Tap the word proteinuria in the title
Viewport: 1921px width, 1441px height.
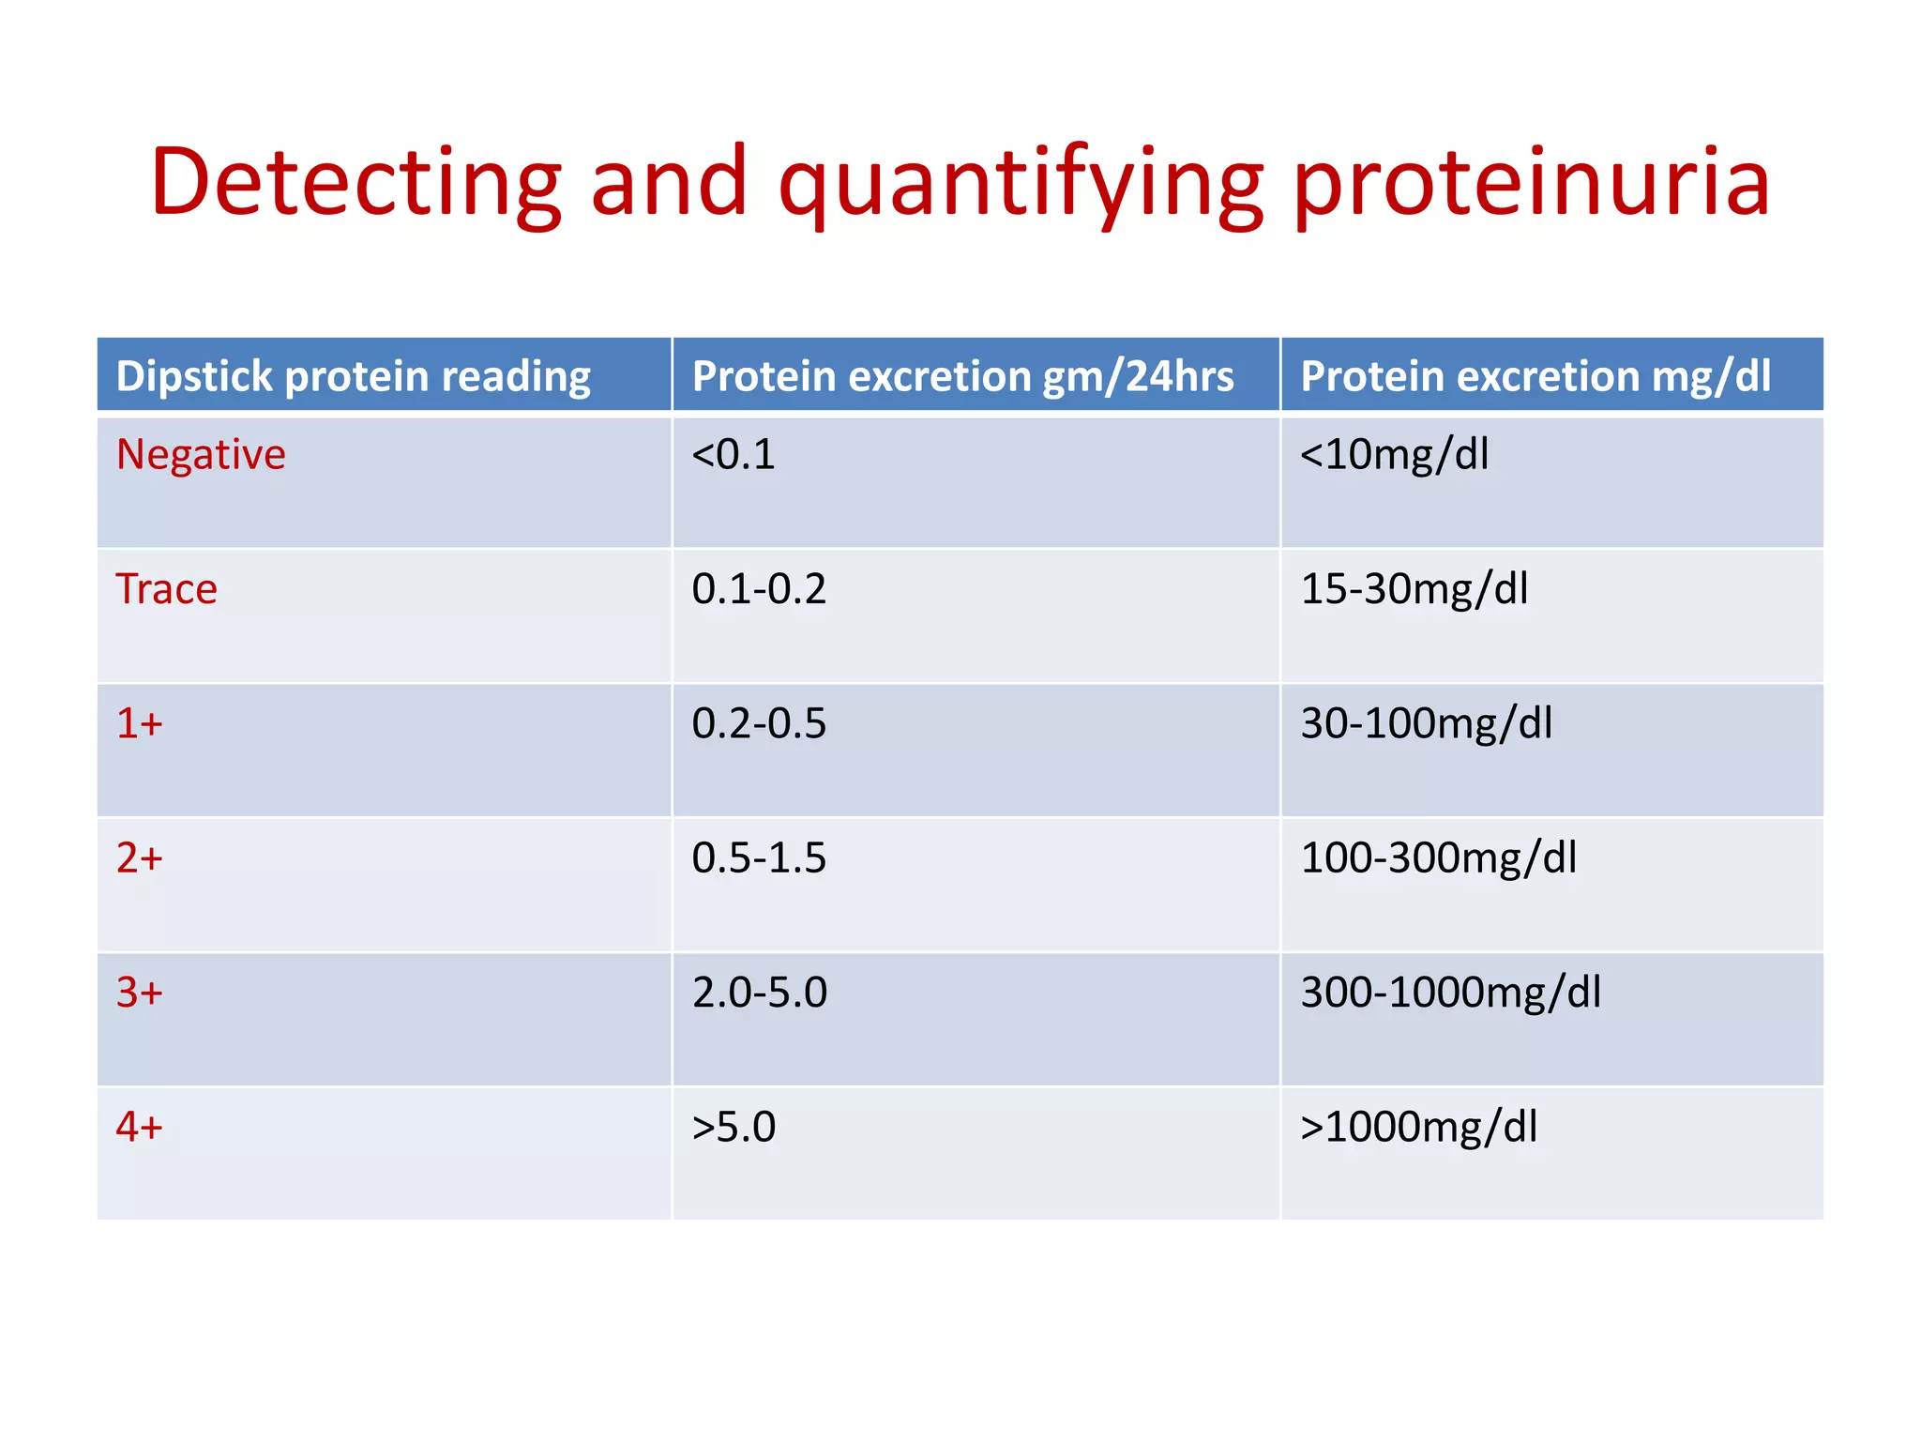1531,183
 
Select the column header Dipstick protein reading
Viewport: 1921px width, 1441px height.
353,376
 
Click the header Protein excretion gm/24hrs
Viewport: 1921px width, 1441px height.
962,376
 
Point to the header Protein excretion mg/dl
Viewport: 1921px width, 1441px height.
1535,376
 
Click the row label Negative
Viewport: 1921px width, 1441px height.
201,455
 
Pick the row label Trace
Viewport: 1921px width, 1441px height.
167,589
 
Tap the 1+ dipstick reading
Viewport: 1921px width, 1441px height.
140,723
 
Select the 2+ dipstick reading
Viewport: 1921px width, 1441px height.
140,857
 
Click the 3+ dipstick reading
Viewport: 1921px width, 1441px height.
140,993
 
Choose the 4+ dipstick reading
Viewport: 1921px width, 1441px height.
140,1127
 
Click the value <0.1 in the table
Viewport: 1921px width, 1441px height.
734,455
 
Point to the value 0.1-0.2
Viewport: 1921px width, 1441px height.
759,589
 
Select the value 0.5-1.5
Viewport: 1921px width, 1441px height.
759,857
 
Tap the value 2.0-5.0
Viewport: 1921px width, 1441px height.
760,993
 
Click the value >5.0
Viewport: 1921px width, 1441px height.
734,1127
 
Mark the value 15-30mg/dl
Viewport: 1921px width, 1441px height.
1414,589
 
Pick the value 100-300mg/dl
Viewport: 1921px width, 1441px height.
1439,857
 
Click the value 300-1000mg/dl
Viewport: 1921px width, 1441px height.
1451,993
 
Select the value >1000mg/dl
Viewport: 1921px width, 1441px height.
1418,1127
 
